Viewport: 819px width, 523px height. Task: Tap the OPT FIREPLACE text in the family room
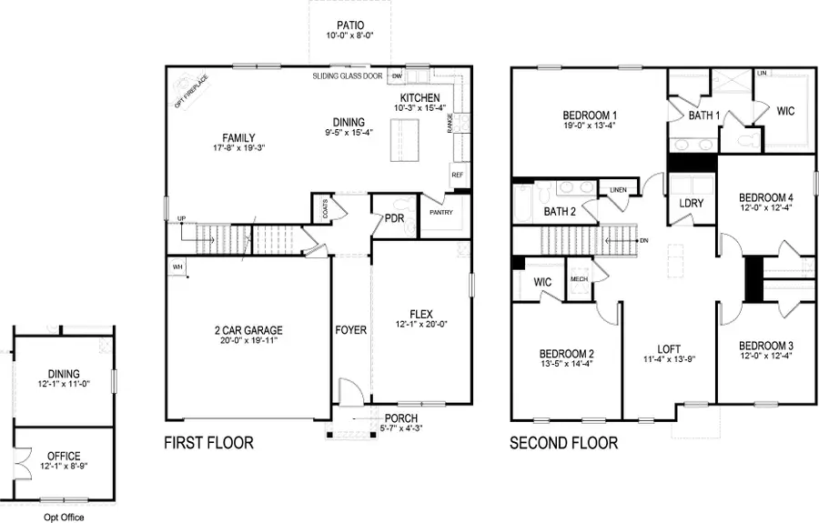(191, 91)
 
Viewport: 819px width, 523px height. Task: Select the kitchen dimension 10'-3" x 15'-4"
(419, 109)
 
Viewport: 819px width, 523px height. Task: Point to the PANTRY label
(440, 212)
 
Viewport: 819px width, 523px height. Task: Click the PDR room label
(394, 218)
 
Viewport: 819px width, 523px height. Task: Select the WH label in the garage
(177, 267)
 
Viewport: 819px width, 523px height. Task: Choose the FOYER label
(351, 330)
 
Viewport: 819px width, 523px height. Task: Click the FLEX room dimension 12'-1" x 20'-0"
(421, 325)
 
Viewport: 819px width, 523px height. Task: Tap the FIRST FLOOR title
(208, 444)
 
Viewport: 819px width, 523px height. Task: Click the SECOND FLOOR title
(563, 444)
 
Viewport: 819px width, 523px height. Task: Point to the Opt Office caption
(64, 517)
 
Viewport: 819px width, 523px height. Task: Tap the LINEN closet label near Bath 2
(618, 189)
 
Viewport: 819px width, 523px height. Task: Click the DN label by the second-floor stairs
(643, 241)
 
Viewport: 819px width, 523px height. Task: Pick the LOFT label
(669, 348)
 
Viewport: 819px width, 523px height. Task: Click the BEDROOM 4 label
(765, 197)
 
